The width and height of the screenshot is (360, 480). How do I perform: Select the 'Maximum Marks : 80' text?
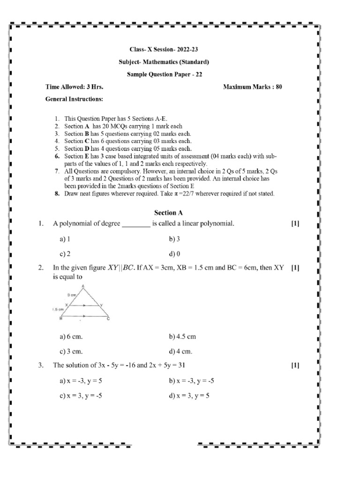(x=252, y=87)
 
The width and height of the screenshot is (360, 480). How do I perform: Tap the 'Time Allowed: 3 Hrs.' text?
(x=74, y=87)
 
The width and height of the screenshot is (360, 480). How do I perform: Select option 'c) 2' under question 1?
(x=65, y=254)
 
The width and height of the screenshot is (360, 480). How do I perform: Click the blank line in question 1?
(x=136, y=225)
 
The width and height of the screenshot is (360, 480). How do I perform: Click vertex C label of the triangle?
(x=108, y=319)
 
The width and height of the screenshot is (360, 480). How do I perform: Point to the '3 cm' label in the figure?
(x=71, y=295)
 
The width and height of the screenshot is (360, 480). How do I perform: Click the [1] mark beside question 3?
(x=295, y=365)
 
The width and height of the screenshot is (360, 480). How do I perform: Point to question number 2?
(x=41, y=269)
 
